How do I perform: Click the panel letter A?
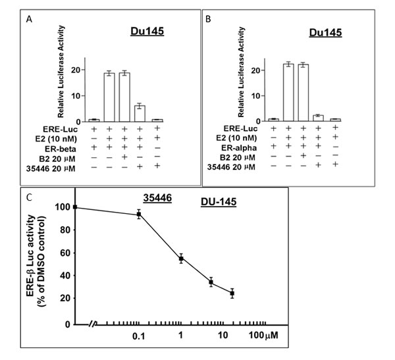29,19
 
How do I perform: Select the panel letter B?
208,19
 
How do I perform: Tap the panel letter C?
29,197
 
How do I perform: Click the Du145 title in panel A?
147,31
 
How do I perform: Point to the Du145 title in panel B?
325,32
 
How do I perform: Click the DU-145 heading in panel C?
219,201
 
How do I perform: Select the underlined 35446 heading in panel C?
157,198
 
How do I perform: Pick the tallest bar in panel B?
288,92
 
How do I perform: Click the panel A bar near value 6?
140,114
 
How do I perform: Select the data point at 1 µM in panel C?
181,259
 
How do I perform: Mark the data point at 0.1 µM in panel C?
138,215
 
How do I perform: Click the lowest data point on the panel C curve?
232,294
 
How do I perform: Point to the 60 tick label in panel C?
65,253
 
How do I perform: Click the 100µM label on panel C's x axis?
263,335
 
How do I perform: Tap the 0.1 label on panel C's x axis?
139,336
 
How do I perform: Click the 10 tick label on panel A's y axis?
76,95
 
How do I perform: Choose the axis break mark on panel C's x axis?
93,324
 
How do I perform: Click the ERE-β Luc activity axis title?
31,255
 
